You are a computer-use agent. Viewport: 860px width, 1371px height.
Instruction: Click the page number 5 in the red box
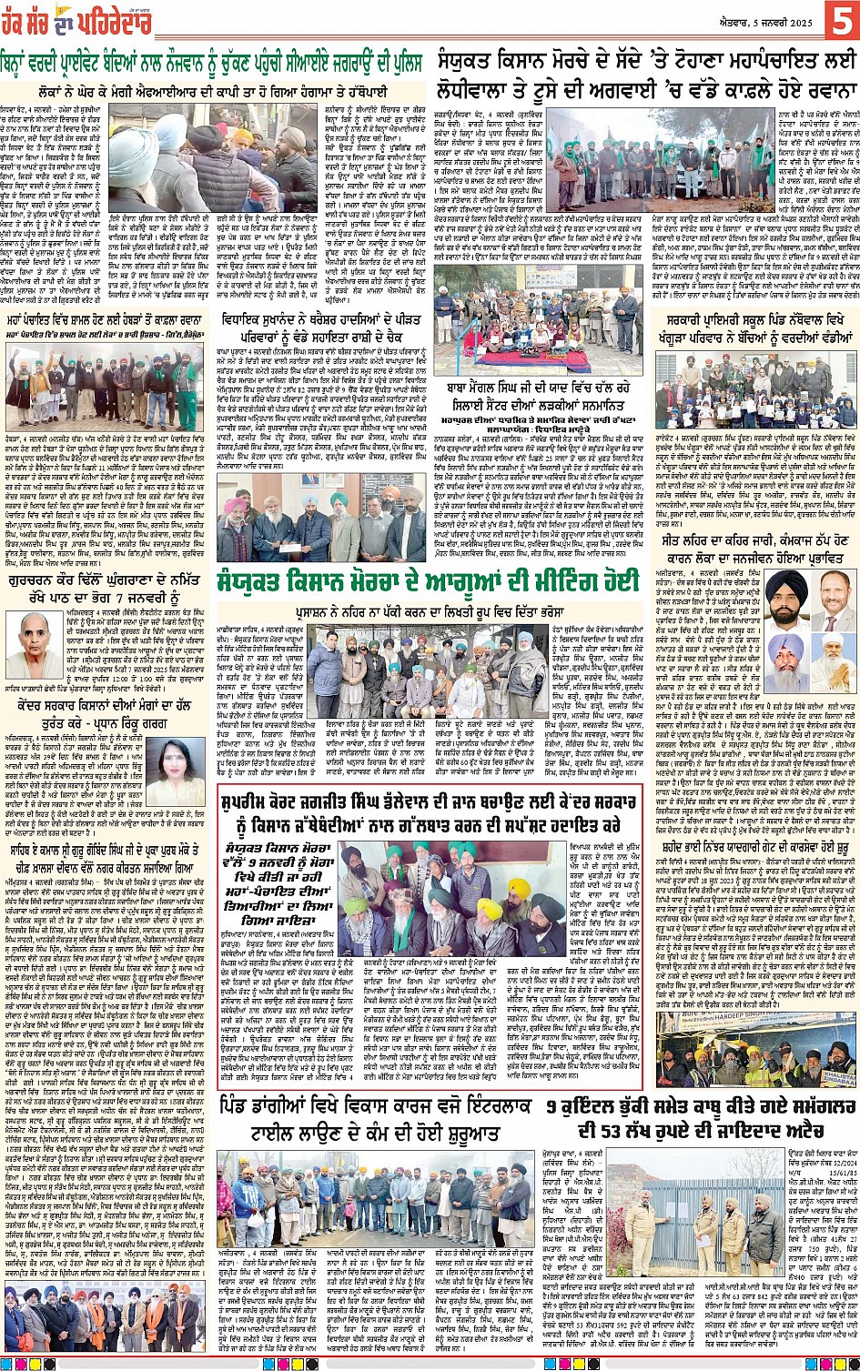click(837, 19)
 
